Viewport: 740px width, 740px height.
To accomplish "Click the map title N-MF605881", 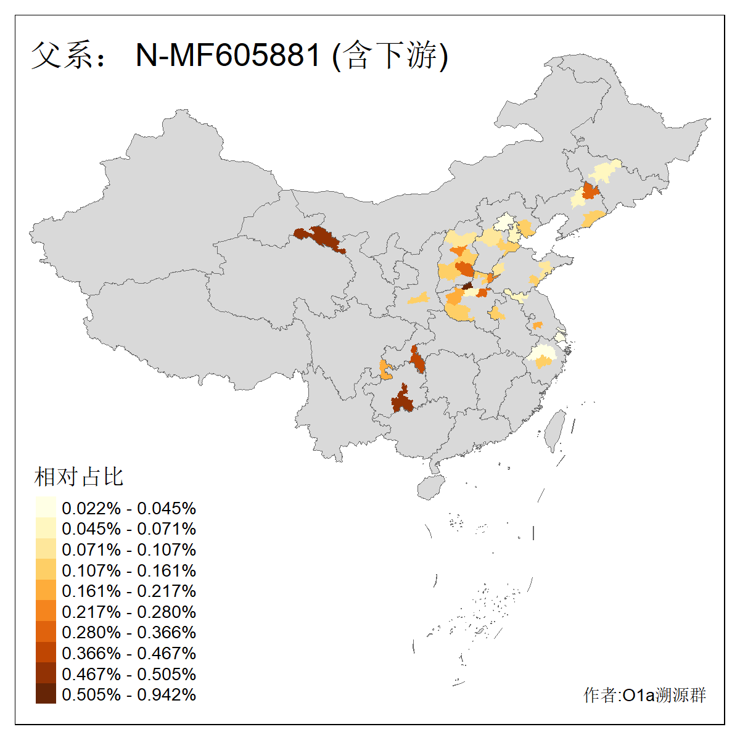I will pyautogui.click(x=228, y=55).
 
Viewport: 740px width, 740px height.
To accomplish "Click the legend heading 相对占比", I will pyautogui.click(x=79, y=477).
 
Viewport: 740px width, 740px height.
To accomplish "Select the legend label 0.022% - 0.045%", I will pyautogui.click(x=129, y=509).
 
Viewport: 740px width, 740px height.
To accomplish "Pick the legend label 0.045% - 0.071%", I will pyautogui.click(x=129, y=529).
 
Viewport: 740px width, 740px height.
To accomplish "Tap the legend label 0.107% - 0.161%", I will pyautogui.click(x=129, y=570).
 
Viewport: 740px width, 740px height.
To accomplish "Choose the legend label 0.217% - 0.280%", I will pyautogui.click(x=129, y=612).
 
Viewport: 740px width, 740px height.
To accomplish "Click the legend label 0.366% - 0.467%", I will pyautogui.click(x=129, y=654).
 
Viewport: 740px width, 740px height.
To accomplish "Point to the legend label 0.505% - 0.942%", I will pyautogui.click(x=129, y=695).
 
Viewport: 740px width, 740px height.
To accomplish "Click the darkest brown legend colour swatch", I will pyautogui.click(x=46, y=694).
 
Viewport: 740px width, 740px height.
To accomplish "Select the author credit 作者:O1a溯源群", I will pyautogui.click(x=644, y=696).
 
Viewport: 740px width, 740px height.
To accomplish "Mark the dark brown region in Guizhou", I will pyautogui.click(x=403, y=399).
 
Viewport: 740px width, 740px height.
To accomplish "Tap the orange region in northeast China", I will pyautogui.click(x=591, y=191).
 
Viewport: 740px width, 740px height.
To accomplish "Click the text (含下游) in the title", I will pyautogui.click(x=390, y=55).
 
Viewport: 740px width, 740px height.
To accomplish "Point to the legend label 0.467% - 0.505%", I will pyautogui.click(x=129, y=675).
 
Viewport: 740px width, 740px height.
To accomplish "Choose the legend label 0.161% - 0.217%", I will pyautogui.click(x=129, y=591).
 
